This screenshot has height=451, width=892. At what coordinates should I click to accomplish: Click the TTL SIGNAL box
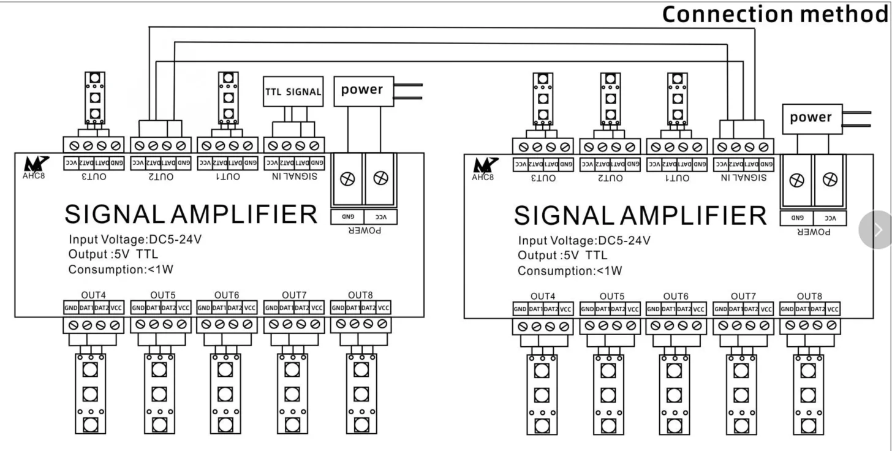click(x=293, y=91)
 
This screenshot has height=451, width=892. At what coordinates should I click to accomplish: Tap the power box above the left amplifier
click(x=362, y=90)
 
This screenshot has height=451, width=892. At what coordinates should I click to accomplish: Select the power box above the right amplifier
click(x=811, y=118)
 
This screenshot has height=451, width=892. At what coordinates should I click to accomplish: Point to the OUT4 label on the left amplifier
click(x=93, y=295)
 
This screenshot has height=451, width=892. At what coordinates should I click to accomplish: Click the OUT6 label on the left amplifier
click(x=227, y=295)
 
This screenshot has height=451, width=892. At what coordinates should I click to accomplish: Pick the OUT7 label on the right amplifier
click(x=743, y=297)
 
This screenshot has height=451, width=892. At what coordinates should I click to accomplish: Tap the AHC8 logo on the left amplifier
click(x=32, y=168)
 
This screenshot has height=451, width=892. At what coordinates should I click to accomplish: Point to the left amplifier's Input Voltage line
click(x=135, y=240)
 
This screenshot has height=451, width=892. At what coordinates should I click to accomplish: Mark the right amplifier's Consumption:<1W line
click(x=570, y=271)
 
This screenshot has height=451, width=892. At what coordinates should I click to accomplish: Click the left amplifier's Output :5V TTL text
click(x=115, y=254)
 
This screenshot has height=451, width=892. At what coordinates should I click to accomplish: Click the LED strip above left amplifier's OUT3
click(x=94, y=98)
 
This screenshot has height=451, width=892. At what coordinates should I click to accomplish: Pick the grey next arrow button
click(x=878, y=230)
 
